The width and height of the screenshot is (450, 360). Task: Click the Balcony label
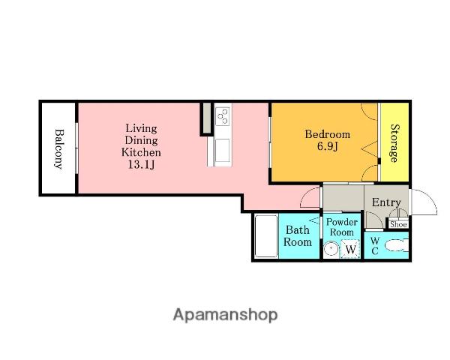tap(58, 149)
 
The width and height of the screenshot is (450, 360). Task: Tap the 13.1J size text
tap(141, 164)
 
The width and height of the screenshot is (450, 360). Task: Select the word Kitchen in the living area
tap(141, 152)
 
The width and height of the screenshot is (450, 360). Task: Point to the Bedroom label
tap(328, 134)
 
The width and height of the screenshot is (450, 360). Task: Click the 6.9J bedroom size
tap(328, 146)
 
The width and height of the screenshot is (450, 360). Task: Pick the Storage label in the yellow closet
tap(394, 143)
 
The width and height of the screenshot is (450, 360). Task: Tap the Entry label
tap(386, 202)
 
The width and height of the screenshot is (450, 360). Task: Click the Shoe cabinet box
tap(398, 224)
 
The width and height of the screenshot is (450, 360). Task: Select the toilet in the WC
tap(396, 246)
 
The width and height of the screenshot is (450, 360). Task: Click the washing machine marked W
tap(350, 248)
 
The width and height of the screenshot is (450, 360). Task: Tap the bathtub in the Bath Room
tap(266, 236)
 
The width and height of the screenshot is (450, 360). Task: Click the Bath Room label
tap(298, 236)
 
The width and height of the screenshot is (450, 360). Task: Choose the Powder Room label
tap(341, 226)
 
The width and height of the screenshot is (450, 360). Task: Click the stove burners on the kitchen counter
tap(223, 116)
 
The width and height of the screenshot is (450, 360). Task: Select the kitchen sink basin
tap(223, 151)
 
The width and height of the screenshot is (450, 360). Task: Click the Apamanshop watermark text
tap(225, 315)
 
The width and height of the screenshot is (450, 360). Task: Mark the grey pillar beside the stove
tap(206, 118)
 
